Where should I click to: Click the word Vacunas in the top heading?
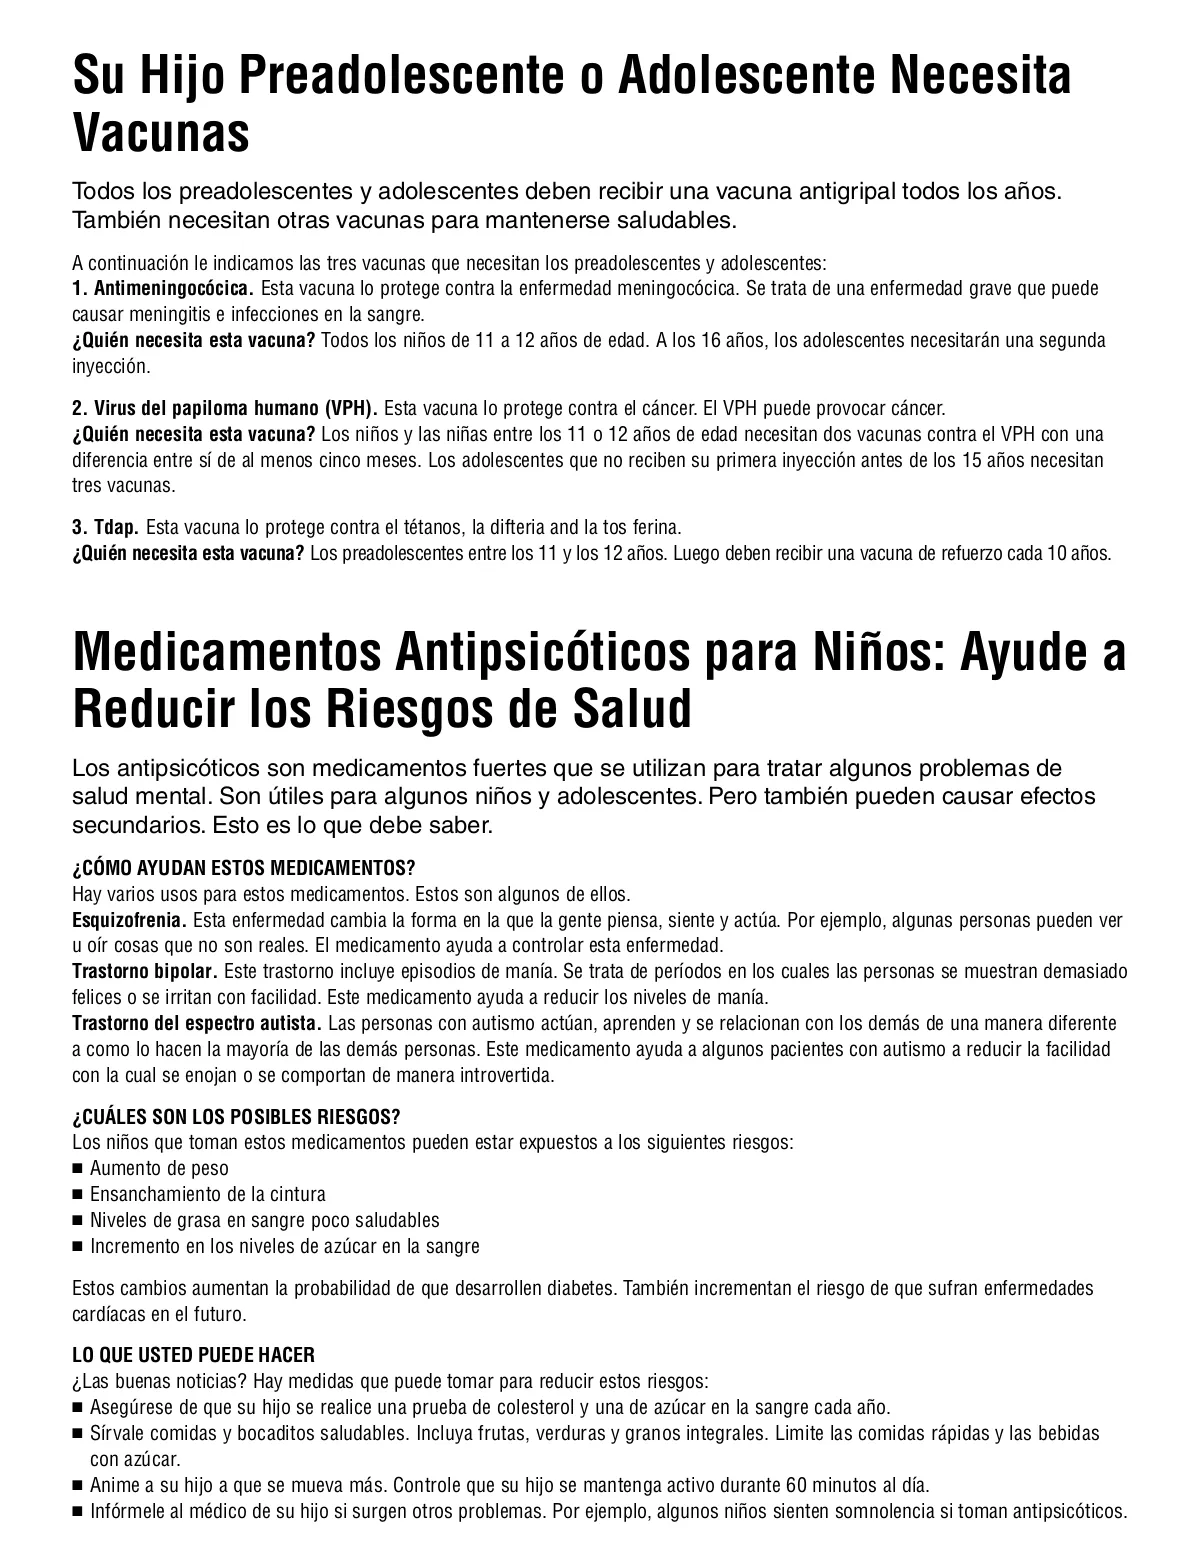click(161, 133)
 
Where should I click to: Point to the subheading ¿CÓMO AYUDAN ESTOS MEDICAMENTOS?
click(243, 867)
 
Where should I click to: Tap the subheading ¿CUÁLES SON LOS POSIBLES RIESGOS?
click(236, 1117)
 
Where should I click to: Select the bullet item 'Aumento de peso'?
click(159, 1168)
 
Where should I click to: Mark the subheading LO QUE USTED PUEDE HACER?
click(193, 1355)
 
